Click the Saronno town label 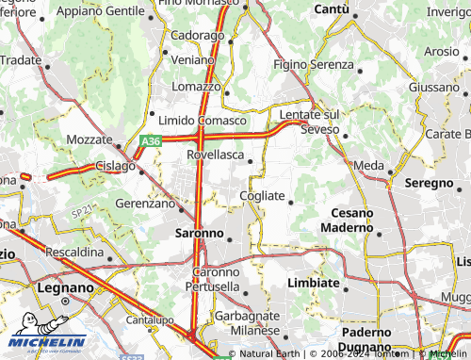[x=200, y=232]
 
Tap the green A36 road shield [x=150, y=141]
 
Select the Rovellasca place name [x=217, y=154]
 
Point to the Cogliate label [x=262, y=194]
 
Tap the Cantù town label [x=332, y=9]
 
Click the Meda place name [x=368, y=166]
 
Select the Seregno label [x=429, y=182]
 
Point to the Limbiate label [x=313, y=283]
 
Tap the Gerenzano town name [x=145, y=203]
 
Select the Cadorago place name [x=197, y=34]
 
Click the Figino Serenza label [x=313, y=67]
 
